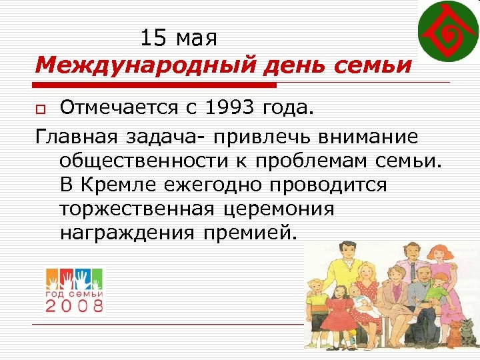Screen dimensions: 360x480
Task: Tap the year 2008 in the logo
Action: [74, 305]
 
